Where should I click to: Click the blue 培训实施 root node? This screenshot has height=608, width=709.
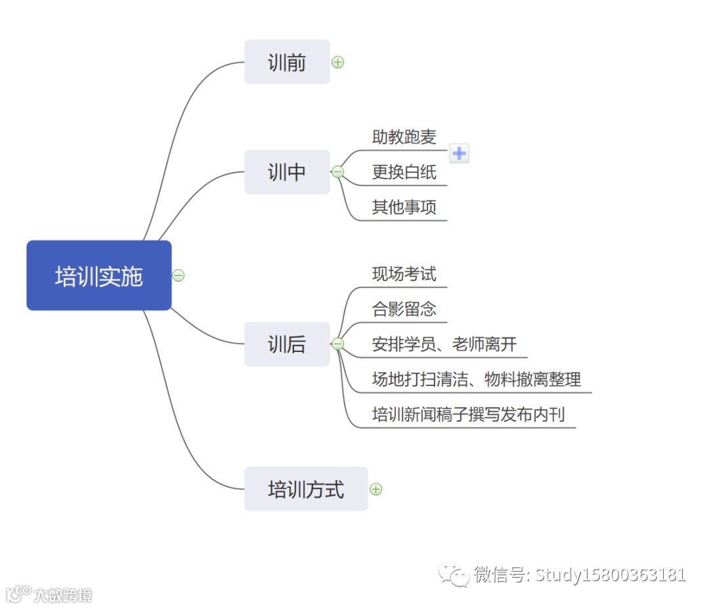coord(98,276)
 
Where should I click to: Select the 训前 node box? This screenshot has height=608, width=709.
coord(287,62)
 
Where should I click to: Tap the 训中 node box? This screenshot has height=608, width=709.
coord(287,172)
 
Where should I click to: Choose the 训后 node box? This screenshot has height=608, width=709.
coord(287,344)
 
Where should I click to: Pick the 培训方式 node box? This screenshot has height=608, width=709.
coord(306,489)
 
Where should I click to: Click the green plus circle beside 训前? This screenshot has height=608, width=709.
coord(338,62)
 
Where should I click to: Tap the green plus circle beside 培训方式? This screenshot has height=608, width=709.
coord(376,489)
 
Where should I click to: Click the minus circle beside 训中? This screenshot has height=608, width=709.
coord(338,172)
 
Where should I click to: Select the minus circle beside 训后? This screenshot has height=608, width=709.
coord(338,344)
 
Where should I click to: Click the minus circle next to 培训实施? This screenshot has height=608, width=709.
coord(179,276)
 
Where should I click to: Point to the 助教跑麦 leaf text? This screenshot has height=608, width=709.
coord(404,137)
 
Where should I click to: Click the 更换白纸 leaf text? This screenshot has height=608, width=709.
coord(404,173)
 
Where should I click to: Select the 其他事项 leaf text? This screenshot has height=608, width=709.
coord(404,208)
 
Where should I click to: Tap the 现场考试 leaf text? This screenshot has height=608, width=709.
coord(404,274)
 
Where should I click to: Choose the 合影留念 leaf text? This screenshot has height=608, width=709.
coord(404,309)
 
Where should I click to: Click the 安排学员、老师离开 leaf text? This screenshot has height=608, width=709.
coord(444,344)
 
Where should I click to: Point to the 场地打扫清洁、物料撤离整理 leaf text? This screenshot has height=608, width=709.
coord(476,380)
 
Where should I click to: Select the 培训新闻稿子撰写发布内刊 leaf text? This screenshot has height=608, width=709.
coord(468,415)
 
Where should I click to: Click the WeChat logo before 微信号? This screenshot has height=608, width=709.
coord(454,575)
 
